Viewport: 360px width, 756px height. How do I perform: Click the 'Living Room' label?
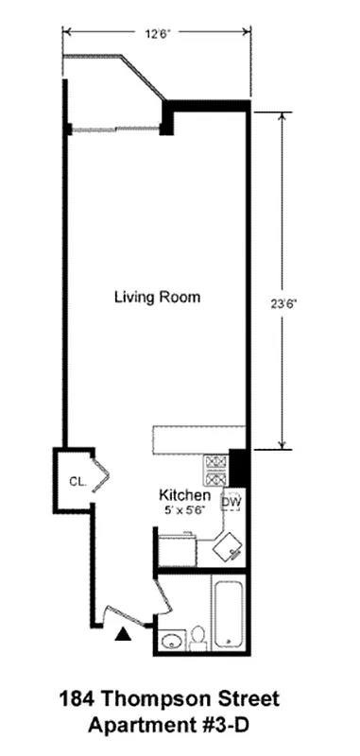pos(157,297)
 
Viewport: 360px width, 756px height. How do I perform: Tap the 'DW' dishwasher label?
pos(231,502)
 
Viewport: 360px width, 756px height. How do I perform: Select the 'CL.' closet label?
pos(77,481)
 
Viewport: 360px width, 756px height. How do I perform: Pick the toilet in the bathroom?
pos(198,640)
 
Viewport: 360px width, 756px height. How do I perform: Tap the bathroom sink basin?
pos(171,643)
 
